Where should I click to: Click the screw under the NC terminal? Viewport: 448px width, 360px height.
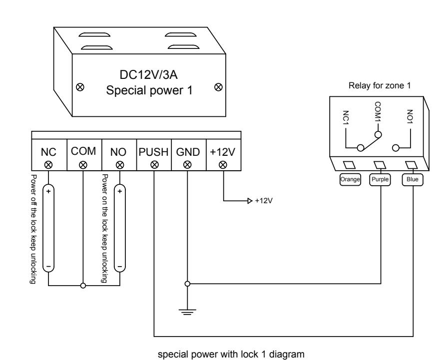click(48, 165)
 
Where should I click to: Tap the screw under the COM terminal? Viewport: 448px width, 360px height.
click(83, 165)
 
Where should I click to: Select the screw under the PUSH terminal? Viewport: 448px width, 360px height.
click(154, 165)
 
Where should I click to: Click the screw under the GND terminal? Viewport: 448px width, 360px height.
click(187, 165)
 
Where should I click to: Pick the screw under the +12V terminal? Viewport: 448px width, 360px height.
click(223, 165)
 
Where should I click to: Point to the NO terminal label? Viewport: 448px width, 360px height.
click(118, 152)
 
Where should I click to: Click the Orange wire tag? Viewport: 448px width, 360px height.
click(350, 179)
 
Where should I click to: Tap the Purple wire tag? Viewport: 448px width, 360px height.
click(380, 179)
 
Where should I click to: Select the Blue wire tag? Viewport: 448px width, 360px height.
click(413, 179)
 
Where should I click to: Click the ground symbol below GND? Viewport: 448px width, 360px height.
click(187, 312)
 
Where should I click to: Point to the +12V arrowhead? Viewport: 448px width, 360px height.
click(250, 201)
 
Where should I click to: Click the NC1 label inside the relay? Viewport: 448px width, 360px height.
click(346, 118)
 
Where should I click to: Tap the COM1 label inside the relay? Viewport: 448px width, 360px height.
click(378, 111)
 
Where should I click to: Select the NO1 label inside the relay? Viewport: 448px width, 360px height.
click(410, 116)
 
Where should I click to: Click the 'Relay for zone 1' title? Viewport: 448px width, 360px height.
click(380, 85)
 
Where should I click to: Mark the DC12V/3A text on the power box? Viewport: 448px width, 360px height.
click(148, 75)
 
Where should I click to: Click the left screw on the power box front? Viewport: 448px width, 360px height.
click(80, 87)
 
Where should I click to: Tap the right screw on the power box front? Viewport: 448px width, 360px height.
click(218, 87)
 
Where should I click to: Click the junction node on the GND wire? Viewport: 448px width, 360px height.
click(187, 284)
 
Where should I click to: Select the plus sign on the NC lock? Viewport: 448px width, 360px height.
click(48, 191)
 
